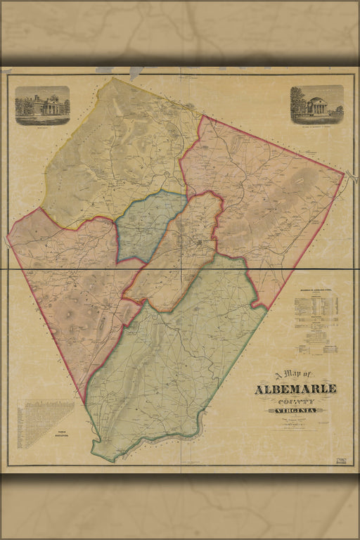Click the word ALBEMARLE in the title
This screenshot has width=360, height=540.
(x=295, y=389)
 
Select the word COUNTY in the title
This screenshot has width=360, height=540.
(x=295, y=401)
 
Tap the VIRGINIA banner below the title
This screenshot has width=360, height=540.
(x=295, y=411)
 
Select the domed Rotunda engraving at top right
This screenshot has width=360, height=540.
(x=316, y=103)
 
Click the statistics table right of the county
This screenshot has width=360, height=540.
(x=316, y=316)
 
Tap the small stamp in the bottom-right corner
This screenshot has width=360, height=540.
(x=342, y=461)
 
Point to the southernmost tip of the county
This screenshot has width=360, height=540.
(x=112, y=461)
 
